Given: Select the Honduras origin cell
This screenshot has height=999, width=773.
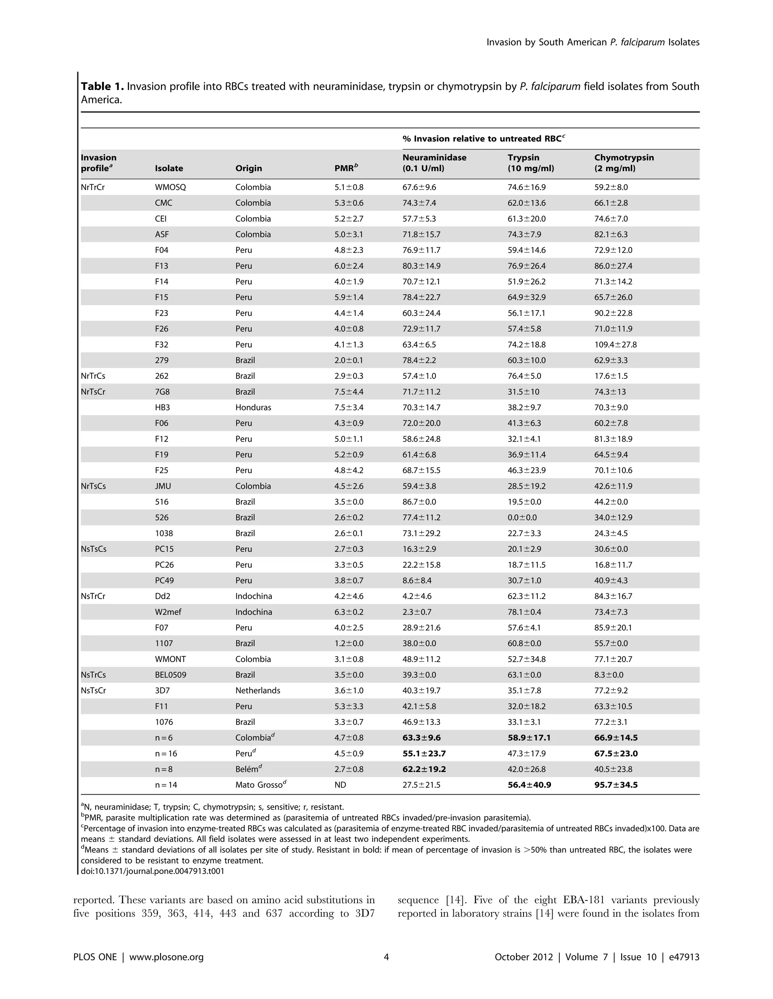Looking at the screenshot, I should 253,408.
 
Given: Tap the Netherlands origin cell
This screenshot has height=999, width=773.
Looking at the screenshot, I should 257,691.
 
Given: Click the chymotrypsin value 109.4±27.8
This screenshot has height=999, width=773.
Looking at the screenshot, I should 615,344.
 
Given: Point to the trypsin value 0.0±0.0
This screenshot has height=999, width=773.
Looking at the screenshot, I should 522,518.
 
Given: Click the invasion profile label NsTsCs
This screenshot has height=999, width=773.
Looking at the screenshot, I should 93,549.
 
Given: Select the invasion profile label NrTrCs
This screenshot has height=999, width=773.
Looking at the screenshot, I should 93,376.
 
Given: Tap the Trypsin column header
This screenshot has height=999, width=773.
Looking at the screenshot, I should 530,163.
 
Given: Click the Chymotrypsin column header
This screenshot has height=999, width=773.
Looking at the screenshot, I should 624,163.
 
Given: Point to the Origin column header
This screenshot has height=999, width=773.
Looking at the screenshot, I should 248,168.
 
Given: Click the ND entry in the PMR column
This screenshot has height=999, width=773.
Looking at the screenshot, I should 340,785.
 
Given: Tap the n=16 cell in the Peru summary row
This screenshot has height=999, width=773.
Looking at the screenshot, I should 166,753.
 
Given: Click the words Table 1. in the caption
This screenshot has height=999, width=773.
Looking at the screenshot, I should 102,86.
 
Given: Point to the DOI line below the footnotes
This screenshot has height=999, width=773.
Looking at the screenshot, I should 152,871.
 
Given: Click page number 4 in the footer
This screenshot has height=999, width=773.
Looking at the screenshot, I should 386,957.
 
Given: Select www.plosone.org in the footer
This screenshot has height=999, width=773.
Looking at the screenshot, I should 166,957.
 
